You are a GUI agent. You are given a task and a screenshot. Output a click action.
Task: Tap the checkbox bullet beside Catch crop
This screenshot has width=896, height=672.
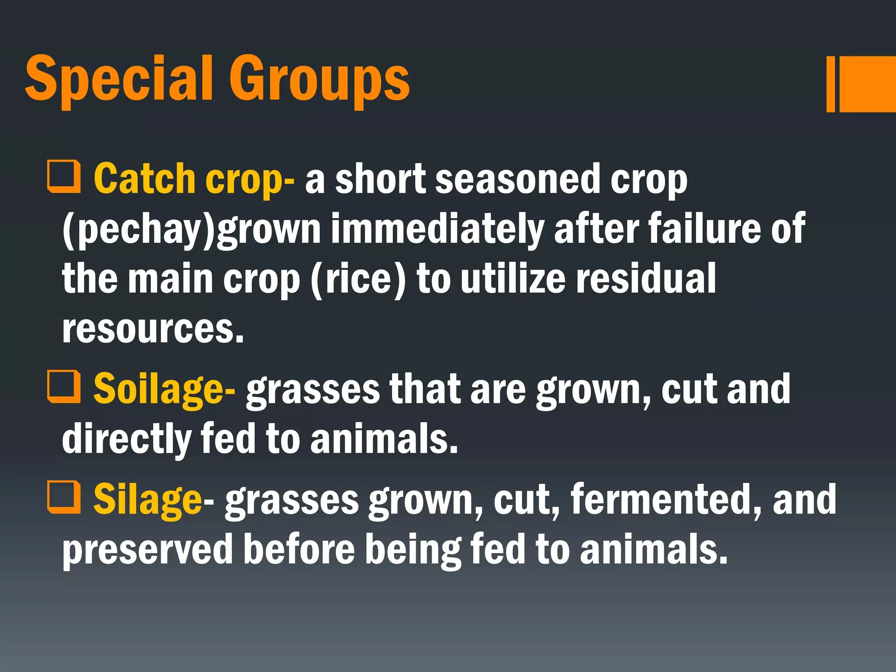pyautogui.click(x=64, y=177)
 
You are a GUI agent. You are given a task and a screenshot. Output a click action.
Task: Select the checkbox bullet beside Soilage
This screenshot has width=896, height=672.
pyautogui.click(x=64, y=387)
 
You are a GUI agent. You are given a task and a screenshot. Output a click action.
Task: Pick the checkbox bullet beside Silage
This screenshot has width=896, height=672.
pyautogui.click(x=64, y=497)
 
